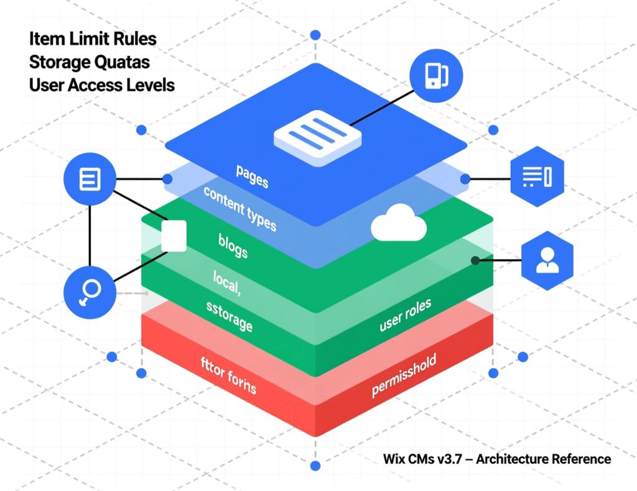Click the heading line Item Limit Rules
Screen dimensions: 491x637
93,39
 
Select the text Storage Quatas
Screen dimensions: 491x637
89,62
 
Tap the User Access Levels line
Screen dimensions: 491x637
101,85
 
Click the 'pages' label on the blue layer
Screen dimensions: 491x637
252,176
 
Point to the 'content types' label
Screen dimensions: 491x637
239,208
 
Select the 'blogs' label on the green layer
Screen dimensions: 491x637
233,245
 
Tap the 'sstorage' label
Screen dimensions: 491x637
229,315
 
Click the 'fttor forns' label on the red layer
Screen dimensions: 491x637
228,380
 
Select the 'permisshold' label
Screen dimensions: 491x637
404,375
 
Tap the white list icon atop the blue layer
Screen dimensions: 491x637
317,132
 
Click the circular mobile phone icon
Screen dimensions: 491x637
436,76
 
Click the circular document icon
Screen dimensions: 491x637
90,180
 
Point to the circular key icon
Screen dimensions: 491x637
90,293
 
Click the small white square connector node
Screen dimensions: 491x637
174,236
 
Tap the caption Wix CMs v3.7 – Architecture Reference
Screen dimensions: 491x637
497,459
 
